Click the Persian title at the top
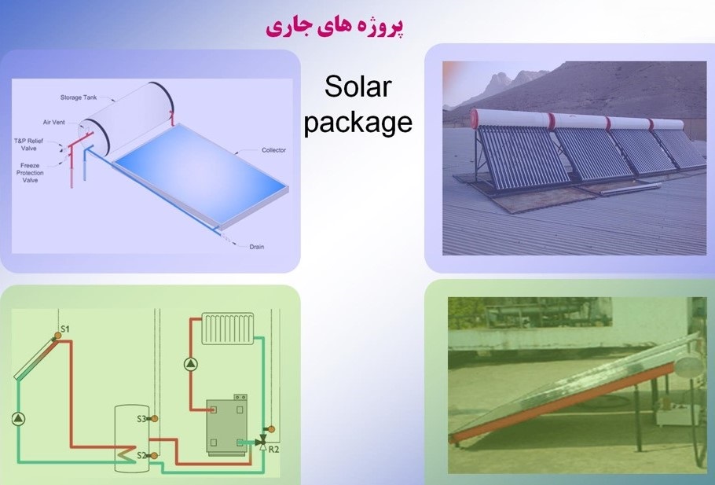(335, 27)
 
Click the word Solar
(358, 86)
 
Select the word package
(358, 123)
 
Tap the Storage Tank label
(79, 97)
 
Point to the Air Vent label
(53, 123)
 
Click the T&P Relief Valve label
(28, 145)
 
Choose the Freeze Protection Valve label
(30, 173)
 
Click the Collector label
(273, 150)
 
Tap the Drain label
(257, 247)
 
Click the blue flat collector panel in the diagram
(200, 175)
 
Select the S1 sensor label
(65, 329)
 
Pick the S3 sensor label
(141, 418)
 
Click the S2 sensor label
(141, 455)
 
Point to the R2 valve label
(273, 450)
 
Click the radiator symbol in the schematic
(228, 329)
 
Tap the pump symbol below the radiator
(191, 364)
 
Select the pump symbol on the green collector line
(18, 419)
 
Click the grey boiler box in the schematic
(227, 426)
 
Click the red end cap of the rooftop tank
(475, 119)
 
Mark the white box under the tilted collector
(675, 414)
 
